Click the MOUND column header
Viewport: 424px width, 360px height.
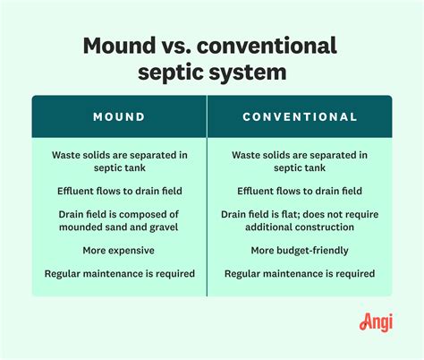click(x=119, y=116)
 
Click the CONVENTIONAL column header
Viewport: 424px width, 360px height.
click(x=300, y=116)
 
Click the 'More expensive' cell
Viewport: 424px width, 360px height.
click(x=119, y=250)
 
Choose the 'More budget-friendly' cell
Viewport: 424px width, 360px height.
click(x=300, y=250)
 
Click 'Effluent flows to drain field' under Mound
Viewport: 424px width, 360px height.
click(x=119, y=191)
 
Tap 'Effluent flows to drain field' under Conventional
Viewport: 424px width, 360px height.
click(x=300, y=191)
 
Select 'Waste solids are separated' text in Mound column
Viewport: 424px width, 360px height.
click(x=119, y=154)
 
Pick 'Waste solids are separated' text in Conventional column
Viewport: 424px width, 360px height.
click(x=300, y=154)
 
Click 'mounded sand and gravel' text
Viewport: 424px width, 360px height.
click(x=119, y=227)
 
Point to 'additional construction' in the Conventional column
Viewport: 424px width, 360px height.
click(x=300, y=227)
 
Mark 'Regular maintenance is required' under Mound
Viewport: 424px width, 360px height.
click(x=119, y=273)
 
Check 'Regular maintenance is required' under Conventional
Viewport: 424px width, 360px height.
click(x=300, y=273)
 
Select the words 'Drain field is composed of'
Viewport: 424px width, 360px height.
click(x=119, y=214)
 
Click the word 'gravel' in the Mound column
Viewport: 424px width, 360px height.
click(x=163, y=227)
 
